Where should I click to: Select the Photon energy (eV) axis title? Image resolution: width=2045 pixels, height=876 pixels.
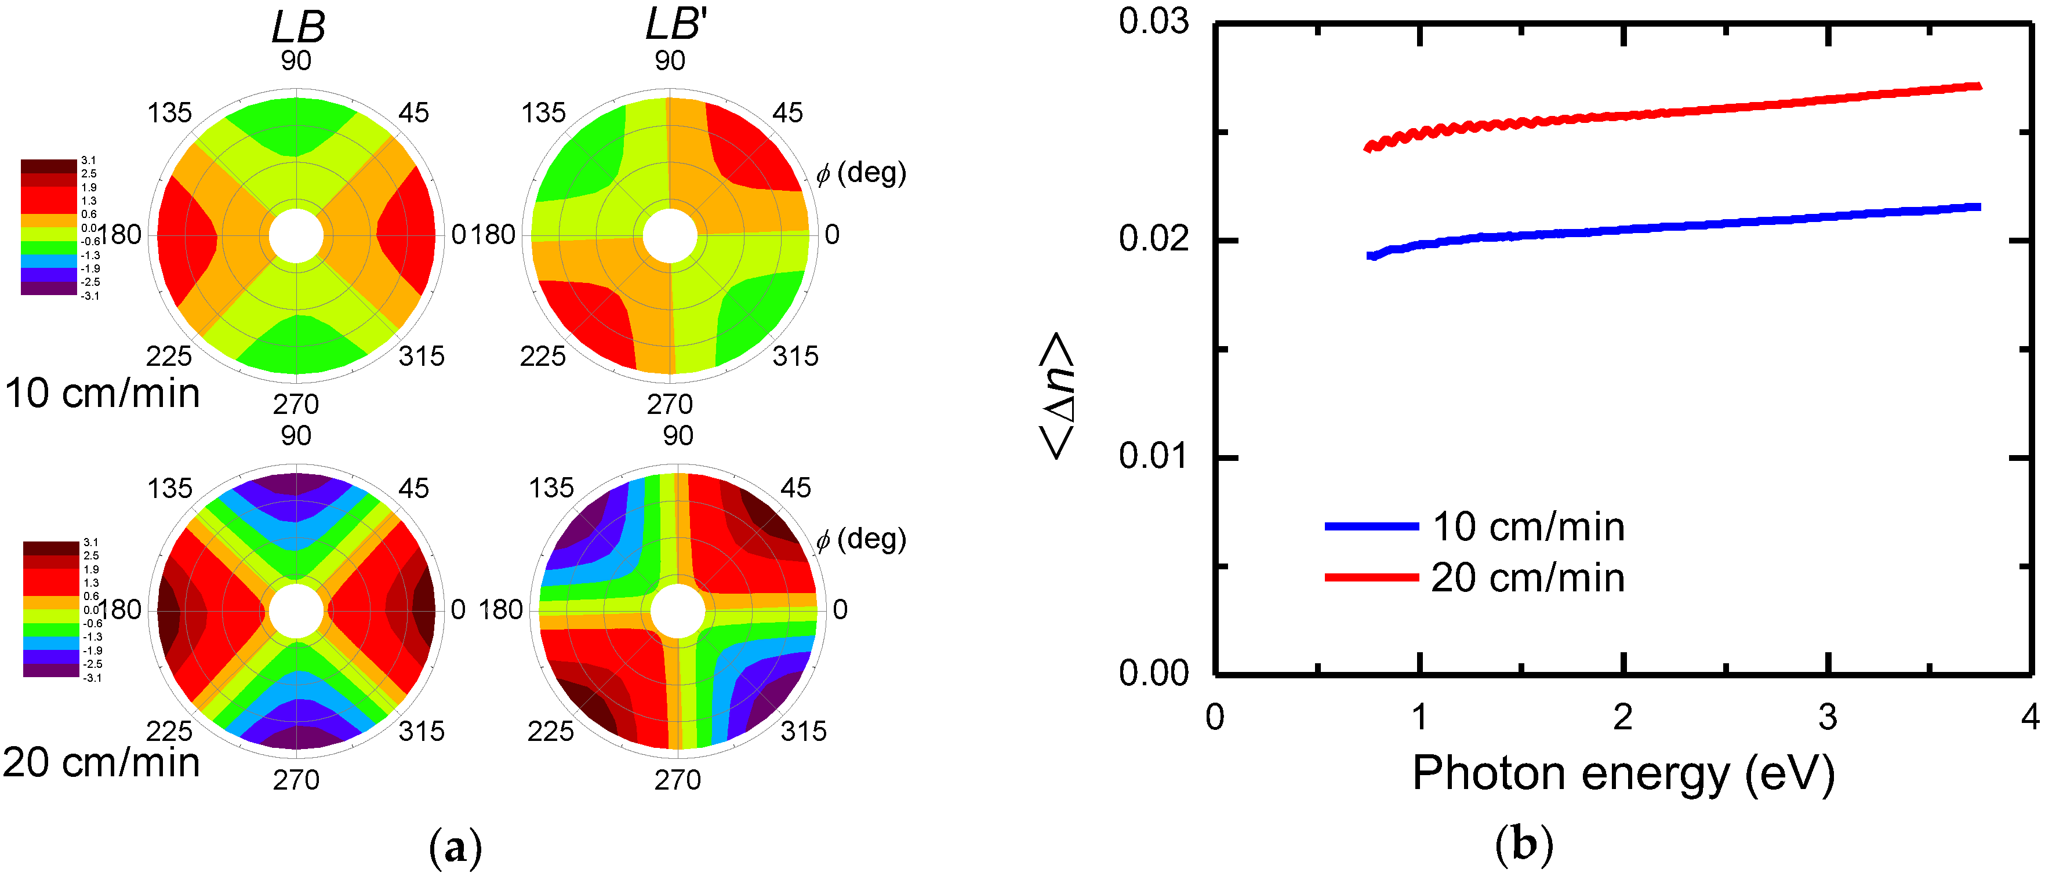click(1623, 773)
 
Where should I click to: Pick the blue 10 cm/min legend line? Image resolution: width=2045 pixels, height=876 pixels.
click(1371, 526)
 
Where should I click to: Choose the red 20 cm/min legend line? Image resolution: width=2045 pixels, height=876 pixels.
click(1371, 577)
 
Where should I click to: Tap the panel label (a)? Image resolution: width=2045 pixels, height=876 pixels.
click(455, 849)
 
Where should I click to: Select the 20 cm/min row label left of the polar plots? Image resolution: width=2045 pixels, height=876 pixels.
click(101, 762)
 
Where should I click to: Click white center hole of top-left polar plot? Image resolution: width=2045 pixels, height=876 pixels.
click(296, 235)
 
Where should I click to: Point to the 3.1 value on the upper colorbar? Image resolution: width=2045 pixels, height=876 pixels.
click(88, 160)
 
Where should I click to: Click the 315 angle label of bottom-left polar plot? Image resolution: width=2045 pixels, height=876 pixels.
click(422, 731)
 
